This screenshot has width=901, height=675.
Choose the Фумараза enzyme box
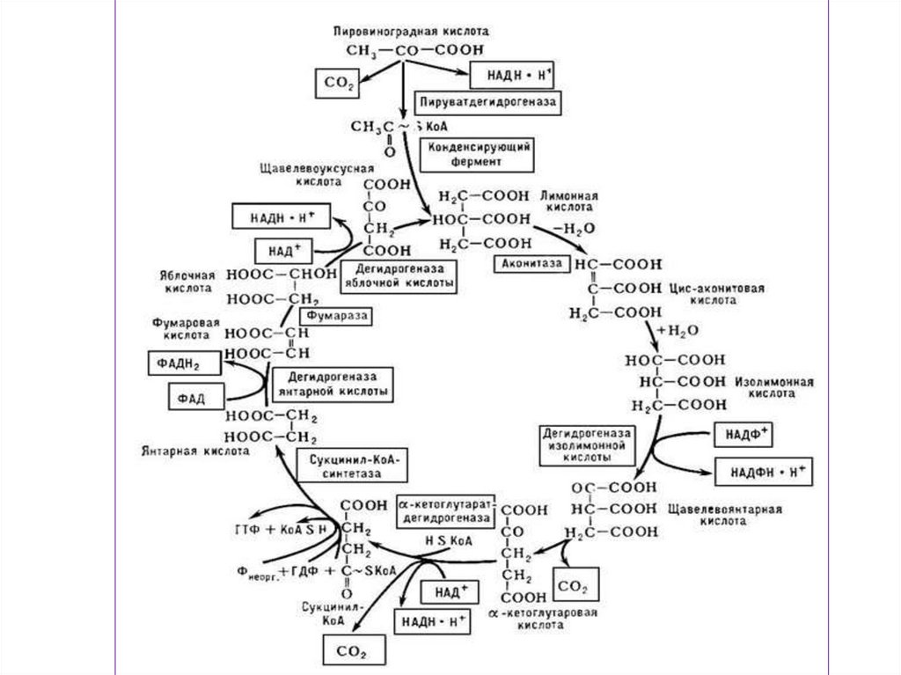click(x=333, y=314)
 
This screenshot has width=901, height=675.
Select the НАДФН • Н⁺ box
click(x=765, y=472)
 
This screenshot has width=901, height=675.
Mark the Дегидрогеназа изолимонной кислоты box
click(x=588, y=445)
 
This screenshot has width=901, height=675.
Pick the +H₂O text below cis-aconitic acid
click(x=670, y=332)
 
